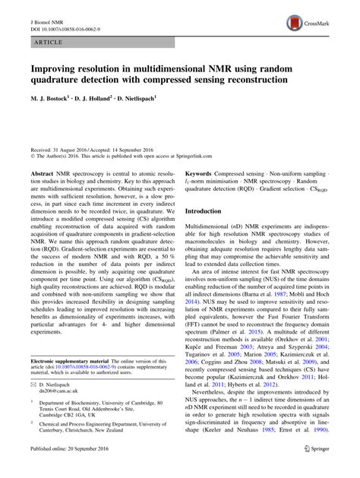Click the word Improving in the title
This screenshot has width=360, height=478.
click(x=55, y=68)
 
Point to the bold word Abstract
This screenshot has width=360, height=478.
click(x=43, y=173)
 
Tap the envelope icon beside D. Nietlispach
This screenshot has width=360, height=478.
click(x=33, y=385)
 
